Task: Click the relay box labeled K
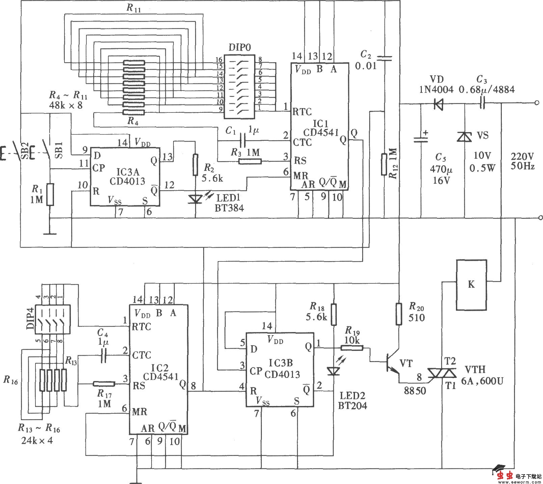[x=471, y=285]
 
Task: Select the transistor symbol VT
[x=391, y=363]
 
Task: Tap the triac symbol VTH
[x=442, y=373]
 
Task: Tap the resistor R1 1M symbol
[x=50, y=194]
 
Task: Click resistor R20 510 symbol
[x=399, y=314]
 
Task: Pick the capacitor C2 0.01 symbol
[x=385, y=58]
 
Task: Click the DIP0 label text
[x=240, y=47]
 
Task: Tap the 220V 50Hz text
[x=522, y=161]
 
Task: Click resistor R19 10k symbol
[x=352, y=348]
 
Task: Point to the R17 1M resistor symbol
[x=104, y=384]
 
